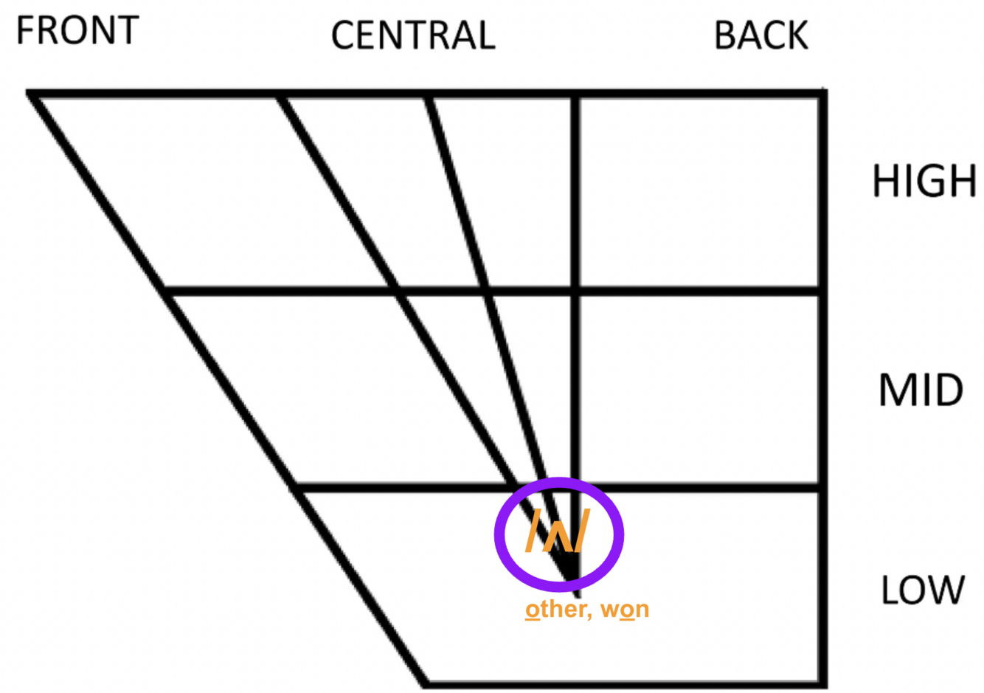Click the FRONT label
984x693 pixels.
pyautogui.click(x=77, y=31)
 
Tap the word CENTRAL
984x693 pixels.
pyautogui.click(x=412, y=35)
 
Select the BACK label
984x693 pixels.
pyautogui.click(x=760, y=35)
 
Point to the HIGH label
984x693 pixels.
pyautogui.click(x=924, y=182)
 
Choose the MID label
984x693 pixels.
pyautogui.click(x=921, y=390)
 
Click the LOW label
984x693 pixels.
pyautogui.click(x=922, y=590)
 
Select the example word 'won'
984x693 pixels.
pyautogui.click(x=625, y=610)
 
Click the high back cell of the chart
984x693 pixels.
pyautogui.click(x=699, y=192)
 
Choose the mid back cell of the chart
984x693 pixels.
pyautogui.click(x=699, y=390)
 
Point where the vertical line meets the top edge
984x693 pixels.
pyautogui.click(x=576, y=94)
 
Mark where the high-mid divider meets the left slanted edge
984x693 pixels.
pyautogui.click(x=167, y=292)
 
